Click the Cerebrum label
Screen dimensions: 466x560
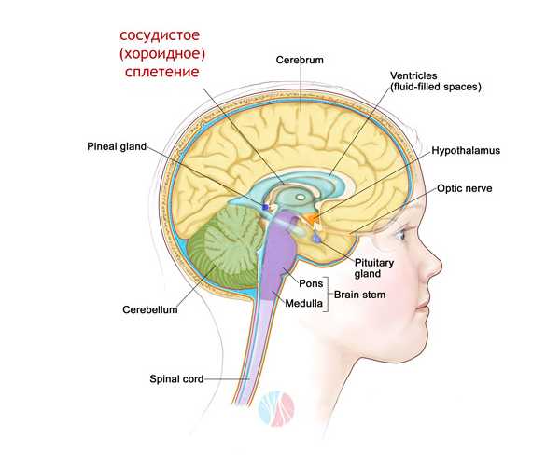tap(300, 60)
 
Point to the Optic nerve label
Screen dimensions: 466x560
tap(469, 187)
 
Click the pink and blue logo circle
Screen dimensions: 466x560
tap(275, 407)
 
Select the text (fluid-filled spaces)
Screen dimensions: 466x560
tap(437, 88)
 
